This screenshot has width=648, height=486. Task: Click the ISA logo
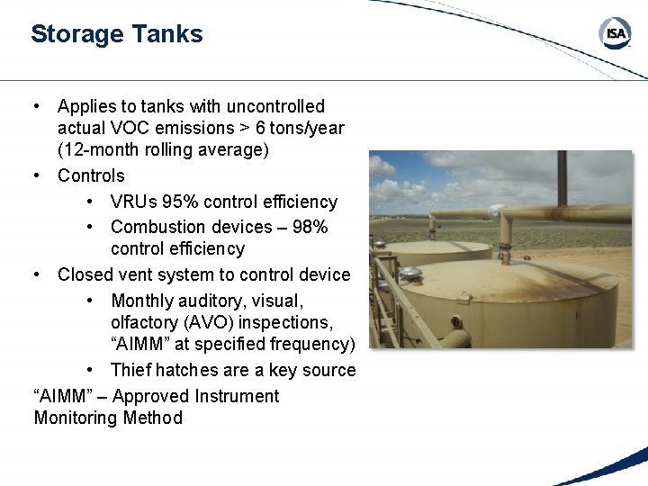pyautogui.click(x=616, y=34)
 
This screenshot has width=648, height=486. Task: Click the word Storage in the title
pyautogui.click(x=76, y=34)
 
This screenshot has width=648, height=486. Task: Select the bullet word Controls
pyautogui.click(x=91, y=175)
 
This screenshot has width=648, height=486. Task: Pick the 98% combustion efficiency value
pyautogui.click(x=310, y=227)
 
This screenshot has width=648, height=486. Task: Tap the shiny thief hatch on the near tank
pyautogui.click(x=411, y=273)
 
